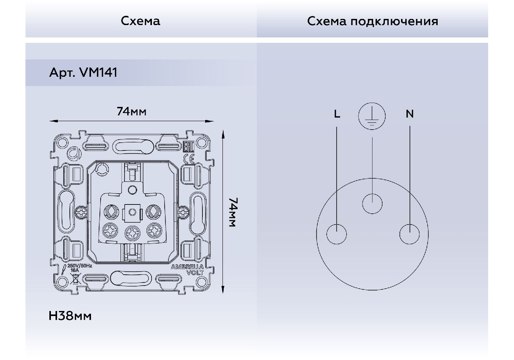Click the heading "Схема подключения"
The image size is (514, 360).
(x=372, y=21)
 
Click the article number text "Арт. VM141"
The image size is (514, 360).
(x=83, y=73)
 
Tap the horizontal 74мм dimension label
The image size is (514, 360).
(x=131, y=112)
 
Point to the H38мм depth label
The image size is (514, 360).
(x=70, y=316)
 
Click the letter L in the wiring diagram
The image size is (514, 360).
(x=337, y=114)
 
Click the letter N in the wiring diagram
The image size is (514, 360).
(x=410, y=114)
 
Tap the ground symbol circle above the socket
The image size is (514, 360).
(x=372, y=115)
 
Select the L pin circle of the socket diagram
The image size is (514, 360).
(x=336, y=234)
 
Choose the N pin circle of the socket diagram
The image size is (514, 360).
(x=409, y=234)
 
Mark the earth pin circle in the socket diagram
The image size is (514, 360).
(x=372, y=204)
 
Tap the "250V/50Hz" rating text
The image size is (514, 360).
(x=79, y=265)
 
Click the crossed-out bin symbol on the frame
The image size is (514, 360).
(x=76, y=279)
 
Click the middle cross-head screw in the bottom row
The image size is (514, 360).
(x=132, y=232)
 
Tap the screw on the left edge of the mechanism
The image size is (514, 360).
(x=81, y=212)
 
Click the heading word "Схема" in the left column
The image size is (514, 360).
(x=140, y=21)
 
